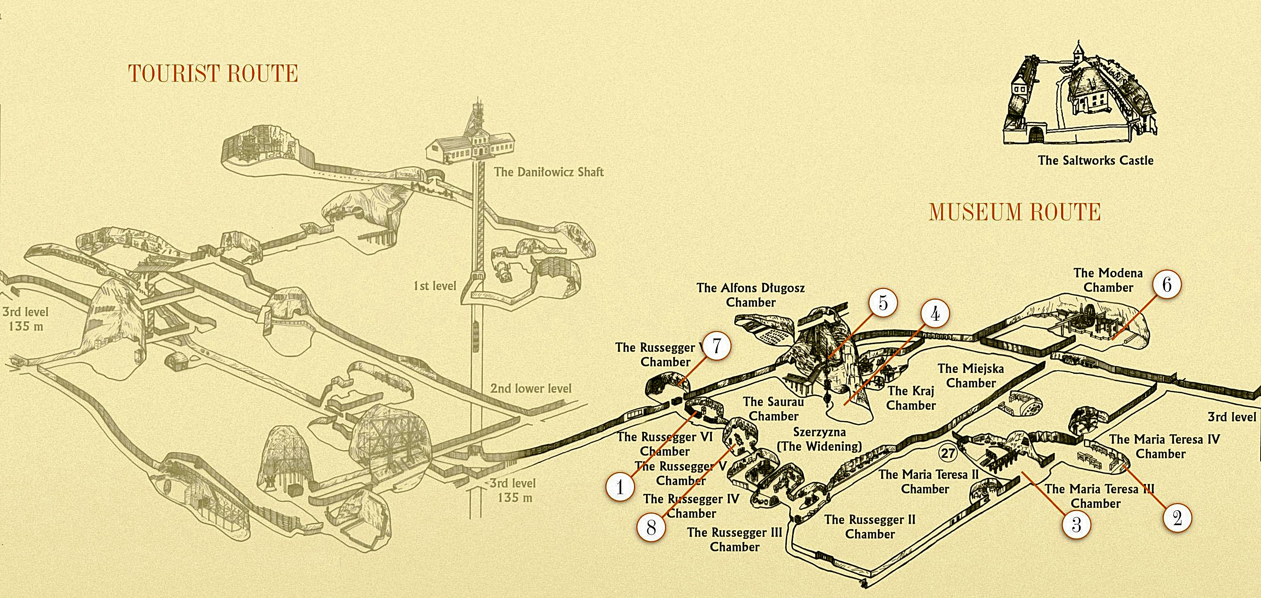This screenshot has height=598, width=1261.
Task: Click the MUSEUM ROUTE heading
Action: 1015,212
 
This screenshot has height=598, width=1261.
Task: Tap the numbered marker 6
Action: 1167,284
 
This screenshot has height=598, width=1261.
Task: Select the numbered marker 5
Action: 883,303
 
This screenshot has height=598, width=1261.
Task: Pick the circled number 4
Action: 935,314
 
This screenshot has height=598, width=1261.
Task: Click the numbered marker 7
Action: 717,346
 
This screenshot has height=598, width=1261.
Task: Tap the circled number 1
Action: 620,487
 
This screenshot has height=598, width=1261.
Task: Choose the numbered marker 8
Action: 651,528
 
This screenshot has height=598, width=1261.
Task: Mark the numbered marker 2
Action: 1177,518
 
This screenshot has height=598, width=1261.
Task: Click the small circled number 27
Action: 948,453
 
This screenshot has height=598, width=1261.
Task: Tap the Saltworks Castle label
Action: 1095,161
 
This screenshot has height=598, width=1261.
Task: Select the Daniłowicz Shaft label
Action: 548,172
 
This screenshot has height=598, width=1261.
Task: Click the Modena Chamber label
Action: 1108,280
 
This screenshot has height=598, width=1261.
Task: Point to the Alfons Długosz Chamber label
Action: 750,295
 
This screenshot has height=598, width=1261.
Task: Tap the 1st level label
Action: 435,286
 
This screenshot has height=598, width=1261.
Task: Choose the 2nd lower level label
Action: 531,389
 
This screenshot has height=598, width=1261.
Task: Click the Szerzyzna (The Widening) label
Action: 819,439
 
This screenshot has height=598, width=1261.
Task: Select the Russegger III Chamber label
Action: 734,539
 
